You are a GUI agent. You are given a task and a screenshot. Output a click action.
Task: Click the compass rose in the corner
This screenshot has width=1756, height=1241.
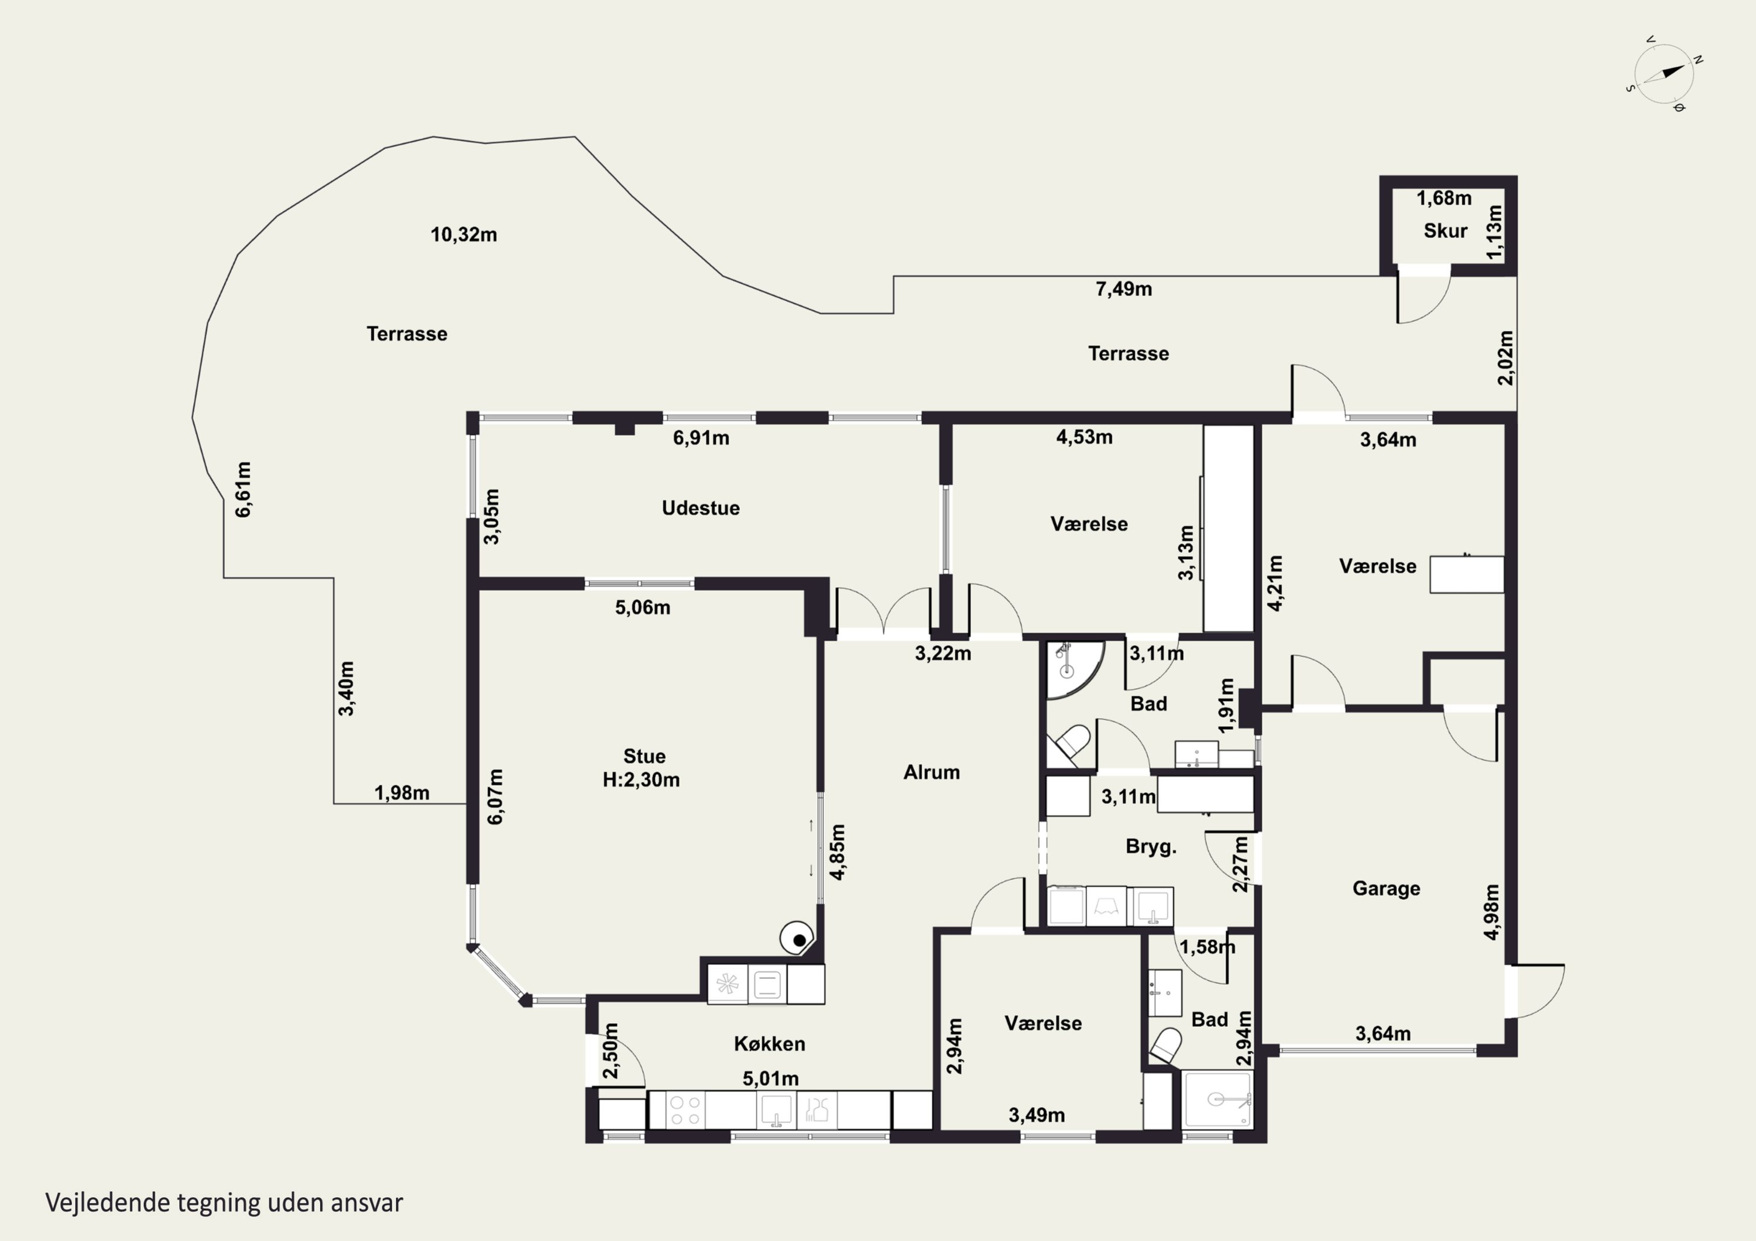[x=1664, y=75]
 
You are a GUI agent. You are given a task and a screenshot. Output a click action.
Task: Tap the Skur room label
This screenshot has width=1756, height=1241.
[x=1445, y=231]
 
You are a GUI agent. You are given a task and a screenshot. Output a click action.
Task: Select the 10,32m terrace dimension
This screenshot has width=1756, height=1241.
[x=464, y=235]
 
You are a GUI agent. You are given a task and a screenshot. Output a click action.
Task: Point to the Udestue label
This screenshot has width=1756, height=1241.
[x=701, y=508]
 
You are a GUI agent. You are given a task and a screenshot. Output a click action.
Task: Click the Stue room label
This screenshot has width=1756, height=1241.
[x=644, y=756]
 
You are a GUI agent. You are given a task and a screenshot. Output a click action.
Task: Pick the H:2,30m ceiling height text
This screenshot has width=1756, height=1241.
[x=641, y=780]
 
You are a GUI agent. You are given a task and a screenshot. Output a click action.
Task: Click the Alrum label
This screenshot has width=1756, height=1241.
[x=931, y=772]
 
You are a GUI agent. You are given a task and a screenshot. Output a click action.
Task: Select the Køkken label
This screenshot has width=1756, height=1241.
[x=769, y=1044]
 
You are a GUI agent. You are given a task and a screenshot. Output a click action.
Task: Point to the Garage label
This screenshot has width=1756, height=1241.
[x=1386, y=889]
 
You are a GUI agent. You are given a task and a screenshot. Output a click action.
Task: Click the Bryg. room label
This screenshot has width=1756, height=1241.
[x=1150, y=847]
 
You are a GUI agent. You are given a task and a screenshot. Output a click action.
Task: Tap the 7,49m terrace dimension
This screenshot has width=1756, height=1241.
[x=1123, y=289]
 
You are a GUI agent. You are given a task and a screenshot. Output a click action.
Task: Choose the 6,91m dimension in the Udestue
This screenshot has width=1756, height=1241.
[x=701, y=438]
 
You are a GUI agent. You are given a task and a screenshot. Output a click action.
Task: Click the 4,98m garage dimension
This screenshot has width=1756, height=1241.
[x=1491, y=912]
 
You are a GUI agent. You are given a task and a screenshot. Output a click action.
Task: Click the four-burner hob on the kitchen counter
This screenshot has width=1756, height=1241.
[x=684, y=1111]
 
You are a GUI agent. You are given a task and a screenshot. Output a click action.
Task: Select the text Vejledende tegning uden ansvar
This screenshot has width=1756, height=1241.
[x=224, y=1203]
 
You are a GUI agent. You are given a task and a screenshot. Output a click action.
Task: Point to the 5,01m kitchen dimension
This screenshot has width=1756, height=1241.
[x=770, y=1079]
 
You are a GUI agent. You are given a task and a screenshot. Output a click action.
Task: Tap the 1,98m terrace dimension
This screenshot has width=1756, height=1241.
[x=402, y=793]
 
